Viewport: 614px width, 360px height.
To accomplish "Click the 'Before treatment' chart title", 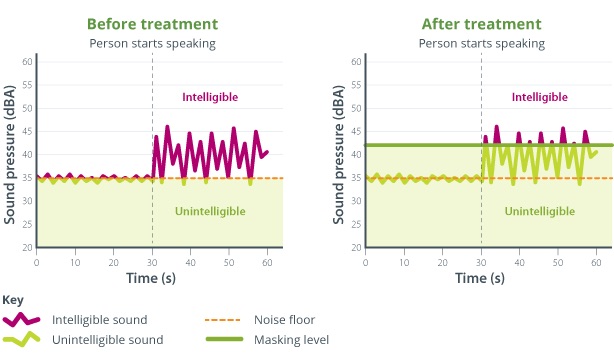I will pyautogui.click(x=152, y=24).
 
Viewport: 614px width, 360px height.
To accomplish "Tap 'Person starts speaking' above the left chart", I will pyautogui.click(x=152, y=43).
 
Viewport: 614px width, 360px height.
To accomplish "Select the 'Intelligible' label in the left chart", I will pyautogui.click(x=209, y=97).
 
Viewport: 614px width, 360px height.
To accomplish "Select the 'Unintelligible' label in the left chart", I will pyautogui.click(x=210, y=211).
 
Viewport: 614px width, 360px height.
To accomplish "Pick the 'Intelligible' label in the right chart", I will pyautogui.click(x=539, y=97).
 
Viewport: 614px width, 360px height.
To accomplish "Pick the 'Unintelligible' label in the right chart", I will pyautogui.click(x=539, y=211).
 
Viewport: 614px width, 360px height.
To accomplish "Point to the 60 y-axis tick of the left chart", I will pyautogui.click(x=28, y=62).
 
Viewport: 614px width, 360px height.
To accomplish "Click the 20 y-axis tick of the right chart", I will pyautogui.click(x=357, y=247).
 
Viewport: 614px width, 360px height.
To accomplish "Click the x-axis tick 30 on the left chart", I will pyautogui.click(x=152, y=261).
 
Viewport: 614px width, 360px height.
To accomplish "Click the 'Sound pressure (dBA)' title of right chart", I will pyautogui.click(x=338, y=154).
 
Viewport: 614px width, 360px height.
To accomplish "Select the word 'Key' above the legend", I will pyautogui.click(x=13, y=300).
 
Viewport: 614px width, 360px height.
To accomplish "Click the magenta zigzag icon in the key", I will pyautogui.click(x=23, y=320).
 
